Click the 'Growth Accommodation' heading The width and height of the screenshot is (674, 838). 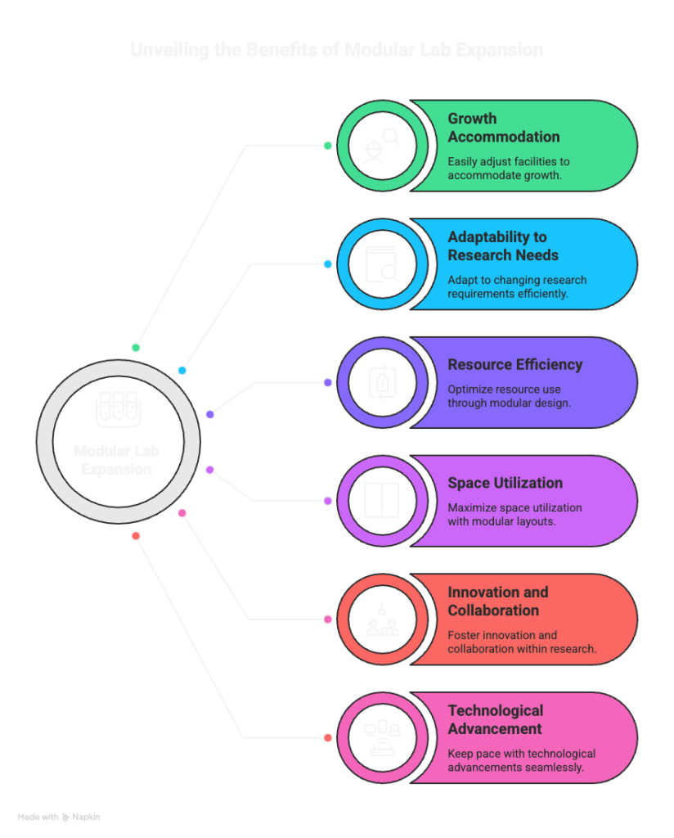[x=503, y=128]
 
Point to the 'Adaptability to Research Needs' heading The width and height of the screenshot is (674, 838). [x=503, y=246]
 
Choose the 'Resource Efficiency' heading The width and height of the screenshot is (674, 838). [x=514, y=364]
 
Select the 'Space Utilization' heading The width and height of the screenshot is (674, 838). [x=505, y=483]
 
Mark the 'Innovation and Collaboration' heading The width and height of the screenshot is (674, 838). [x=497, y=601]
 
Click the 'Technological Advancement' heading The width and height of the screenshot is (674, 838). [x=495, y=719]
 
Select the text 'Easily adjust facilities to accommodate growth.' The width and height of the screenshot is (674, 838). [x=508, y=169]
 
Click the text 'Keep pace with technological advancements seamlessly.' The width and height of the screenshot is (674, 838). [x=521, y=760]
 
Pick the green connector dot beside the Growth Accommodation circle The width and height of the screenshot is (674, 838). [x=328, y=146]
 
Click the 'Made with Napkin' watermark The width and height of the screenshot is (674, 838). [x=59, y=817]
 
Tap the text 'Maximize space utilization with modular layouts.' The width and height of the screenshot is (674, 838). [x=514, y=514]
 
